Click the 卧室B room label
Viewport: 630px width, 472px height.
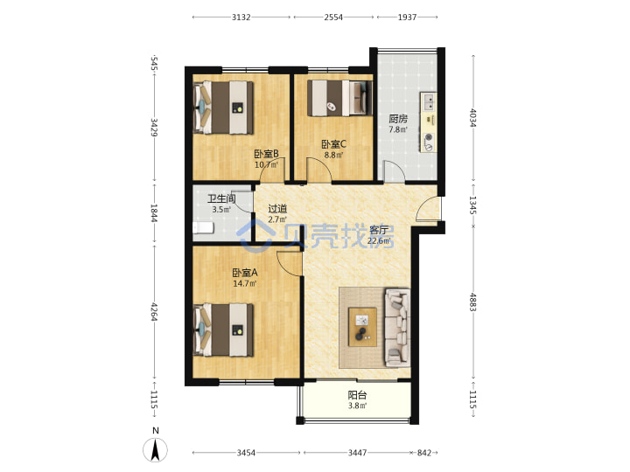tap(266, 154)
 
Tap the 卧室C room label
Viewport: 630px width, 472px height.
tap(334, 143)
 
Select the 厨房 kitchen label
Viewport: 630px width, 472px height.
tap(398, 119)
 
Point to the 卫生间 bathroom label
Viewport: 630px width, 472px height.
tap(221, 198)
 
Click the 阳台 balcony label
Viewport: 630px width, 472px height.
tap(357, 395)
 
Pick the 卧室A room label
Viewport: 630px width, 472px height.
tap(245, 273)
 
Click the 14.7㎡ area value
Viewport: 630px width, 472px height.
tap(245, 284)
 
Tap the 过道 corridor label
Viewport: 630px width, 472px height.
tap(277, 209)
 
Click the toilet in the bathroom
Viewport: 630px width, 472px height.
tap(203, 228)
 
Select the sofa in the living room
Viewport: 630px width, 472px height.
tap(397, 328)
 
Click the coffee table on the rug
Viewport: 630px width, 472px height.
tap(363, 327)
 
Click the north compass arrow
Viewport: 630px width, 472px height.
tap(156, 449)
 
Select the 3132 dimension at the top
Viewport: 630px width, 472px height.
tap(241, 17)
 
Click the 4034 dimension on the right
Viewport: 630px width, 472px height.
tap(472, 118)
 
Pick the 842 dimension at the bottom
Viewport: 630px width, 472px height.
tap(423, 453)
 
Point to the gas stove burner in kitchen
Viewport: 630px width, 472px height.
tap(429, 138)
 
